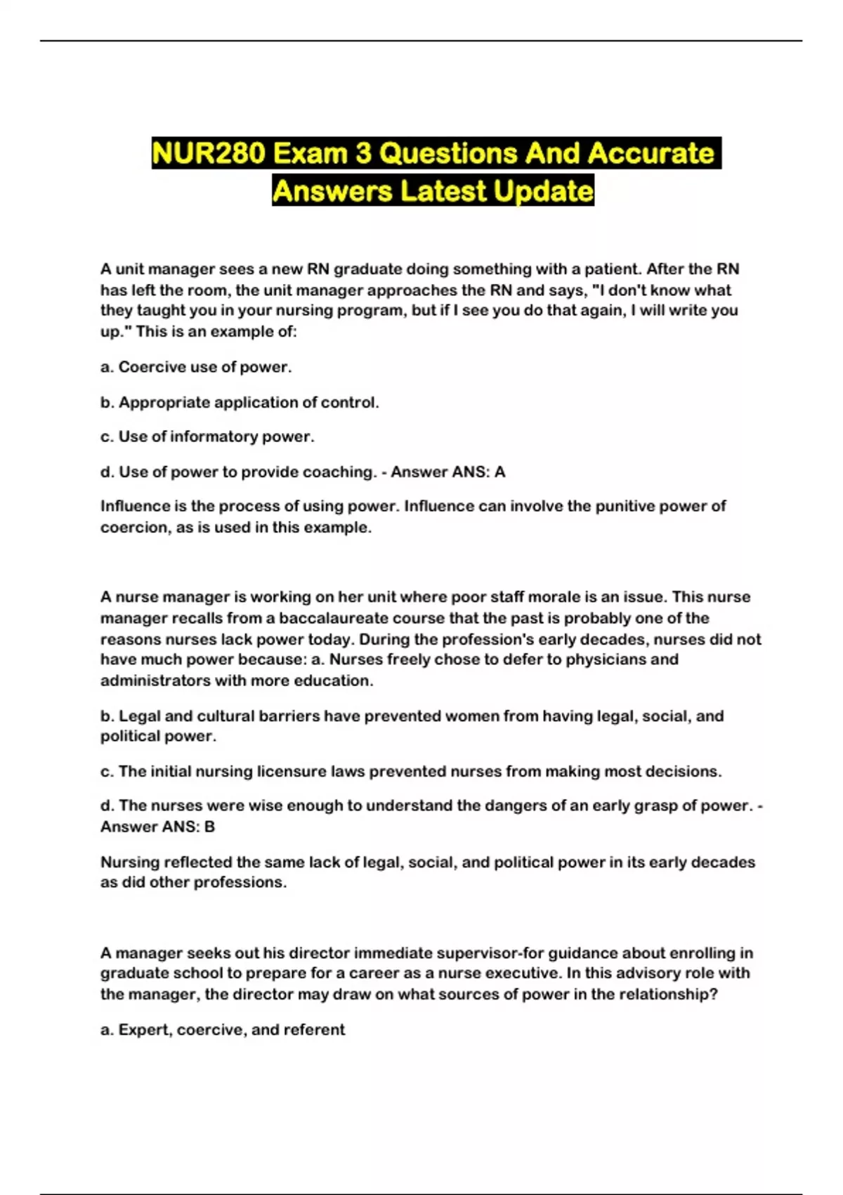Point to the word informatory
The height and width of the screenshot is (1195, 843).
pos(214,437)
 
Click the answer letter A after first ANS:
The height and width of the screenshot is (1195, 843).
pos(499,472)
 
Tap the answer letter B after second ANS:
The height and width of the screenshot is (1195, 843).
pos(209,827)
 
